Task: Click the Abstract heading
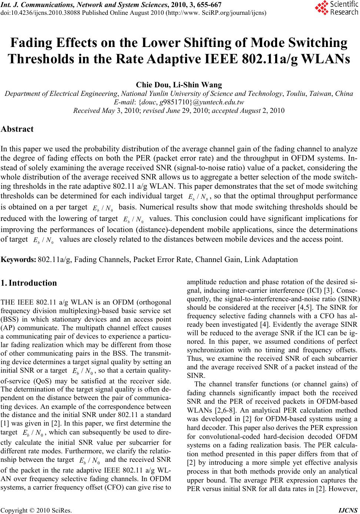click(17, 129)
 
